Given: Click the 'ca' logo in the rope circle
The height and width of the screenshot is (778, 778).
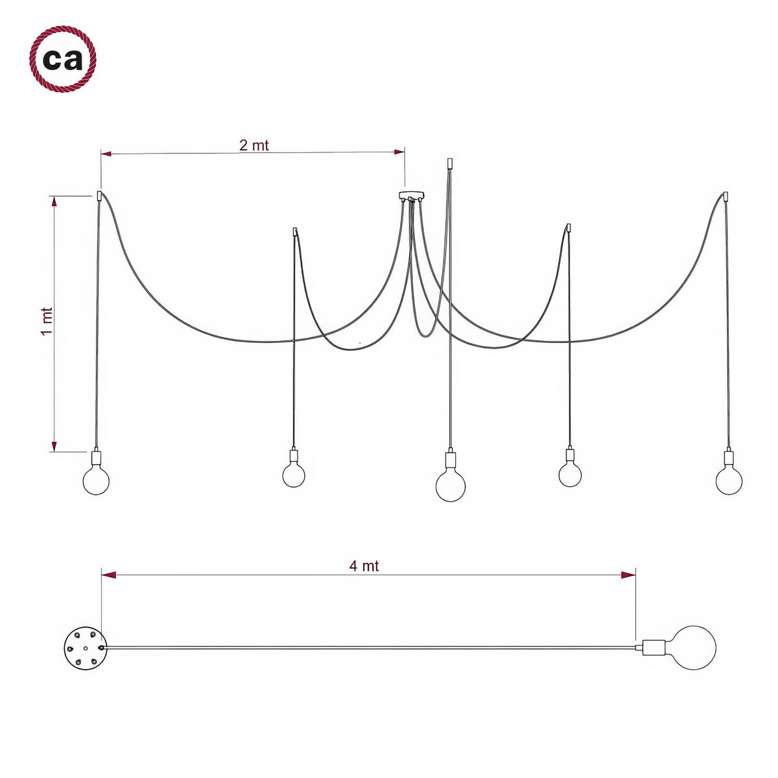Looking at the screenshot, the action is [x=63, y=59].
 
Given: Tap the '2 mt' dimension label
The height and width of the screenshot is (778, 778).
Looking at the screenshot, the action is [x=254, y=145].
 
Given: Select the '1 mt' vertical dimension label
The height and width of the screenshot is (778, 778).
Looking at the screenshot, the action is [x=47, y=322].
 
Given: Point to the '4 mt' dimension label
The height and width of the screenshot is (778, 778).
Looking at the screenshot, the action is [x=364, y=566].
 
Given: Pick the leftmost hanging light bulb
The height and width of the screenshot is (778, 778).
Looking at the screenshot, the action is [x=96, y=480].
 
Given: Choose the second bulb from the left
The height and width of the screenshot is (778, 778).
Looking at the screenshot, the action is [x=294, y=475].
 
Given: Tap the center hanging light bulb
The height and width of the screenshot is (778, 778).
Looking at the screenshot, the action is [x=451, y=486].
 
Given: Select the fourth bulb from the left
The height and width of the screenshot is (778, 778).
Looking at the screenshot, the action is [x=570, y=475].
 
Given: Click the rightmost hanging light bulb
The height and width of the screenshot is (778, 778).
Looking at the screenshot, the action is [x=729, y=480].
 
